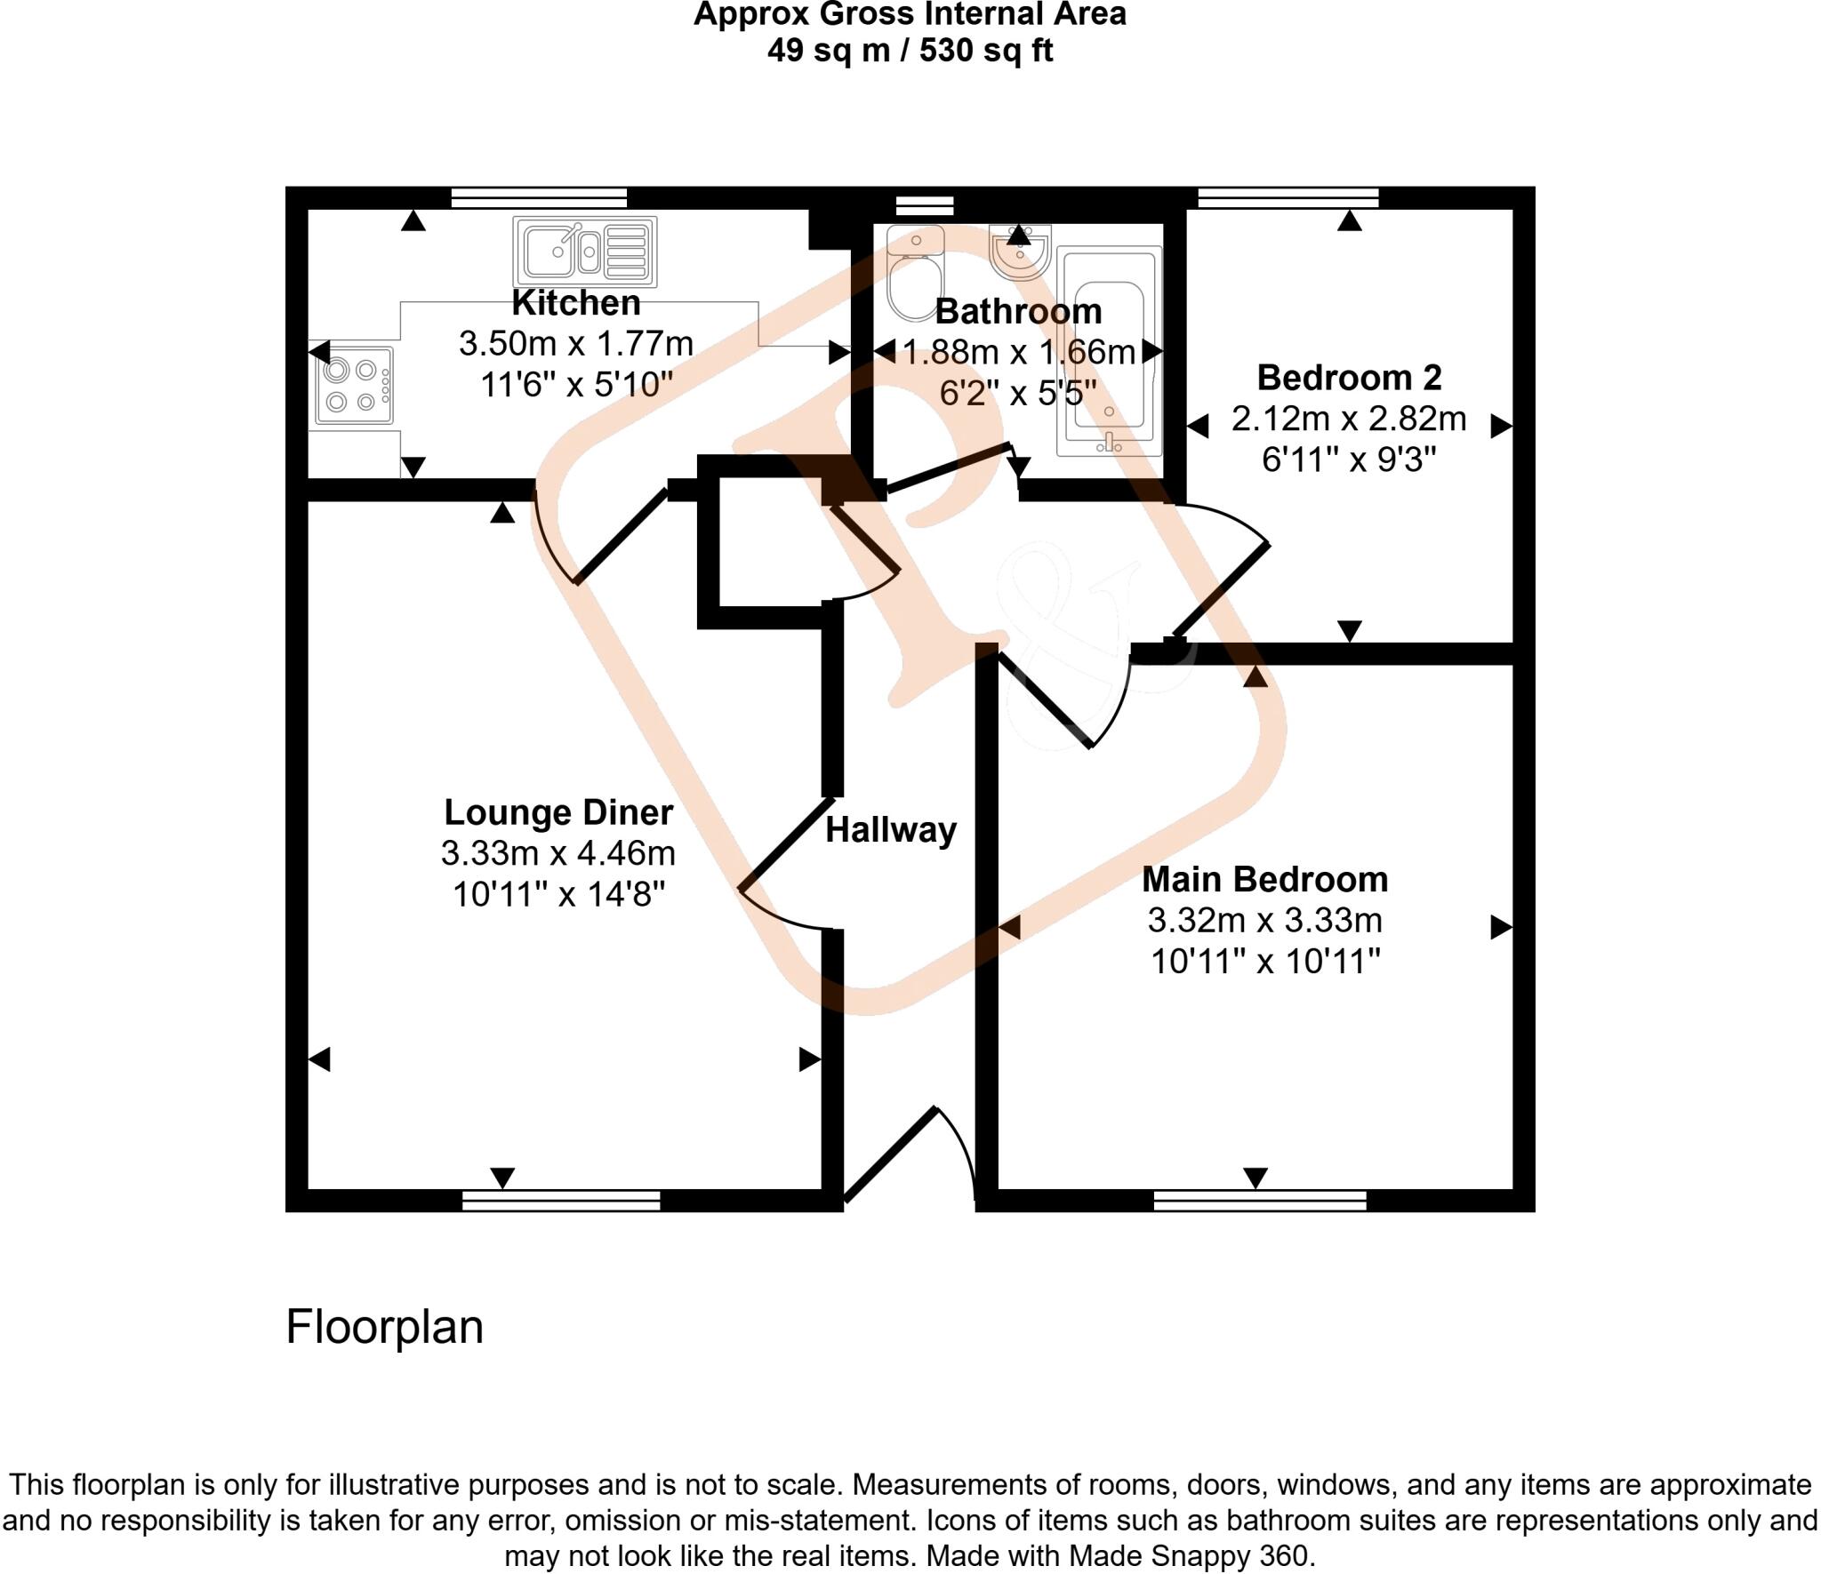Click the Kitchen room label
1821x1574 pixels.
575,303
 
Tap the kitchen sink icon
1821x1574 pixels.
584,251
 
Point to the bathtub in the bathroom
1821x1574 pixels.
1109,351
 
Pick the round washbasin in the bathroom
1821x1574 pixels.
1020,252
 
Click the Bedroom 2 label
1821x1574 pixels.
1349,378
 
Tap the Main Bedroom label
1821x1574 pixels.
1264,879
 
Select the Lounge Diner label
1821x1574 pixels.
558,812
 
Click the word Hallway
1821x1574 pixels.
891,830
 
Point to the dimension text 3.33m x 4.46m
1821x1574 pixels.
558,853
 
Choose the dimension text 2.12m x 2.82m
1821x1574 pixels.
1349,419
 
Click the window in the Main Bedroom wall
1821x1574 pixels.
1259,1201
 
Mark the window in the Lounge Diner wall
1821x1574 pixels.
561,1201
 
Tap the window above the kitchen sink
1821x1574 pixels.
539,197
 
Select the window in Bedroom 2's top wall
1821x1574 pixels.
1288,197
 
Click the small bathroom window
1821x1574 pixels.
924,205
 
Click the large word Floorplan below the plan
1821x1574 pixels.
384,1327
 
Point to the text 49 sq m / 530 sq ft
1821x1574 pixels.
910,51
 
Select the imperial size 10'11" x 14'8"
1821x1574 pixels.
558,894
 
